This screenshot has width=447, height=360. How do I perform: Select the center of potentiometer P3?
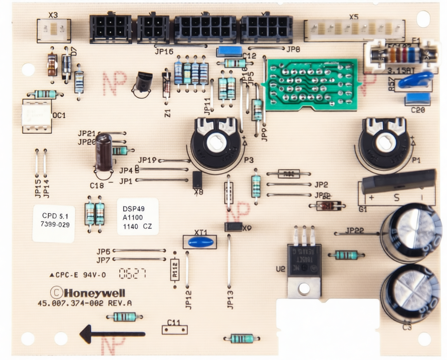pyautogui.click(x=215, y=143)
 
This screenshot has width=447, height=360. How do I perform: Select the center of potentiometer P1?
pyautogui.click(x=386, y=144)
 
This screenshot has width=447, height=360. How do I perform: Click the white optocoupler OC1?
pyautogui.click(x=37, y=115)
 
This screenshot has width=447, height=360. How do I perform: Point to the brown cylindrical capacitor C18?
pyautogui.click(x=104, y=152)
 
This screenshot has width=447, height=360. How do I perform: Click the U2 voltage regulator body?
pyautogui.click(x=304, y=260)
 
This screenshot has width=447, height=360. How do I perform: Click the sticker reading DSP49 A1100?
pyautogui.click(x=138, y=216)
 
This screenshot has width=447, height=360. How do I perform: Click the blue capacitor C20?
pyautogui.click(x=418, y=99)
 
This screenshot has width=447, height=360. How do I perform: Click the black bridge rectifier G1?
pyautogui.click(x=398, y=181)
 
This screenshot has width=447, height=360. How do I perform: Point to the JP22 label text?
pyautogui.click(x=354, y=230)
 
